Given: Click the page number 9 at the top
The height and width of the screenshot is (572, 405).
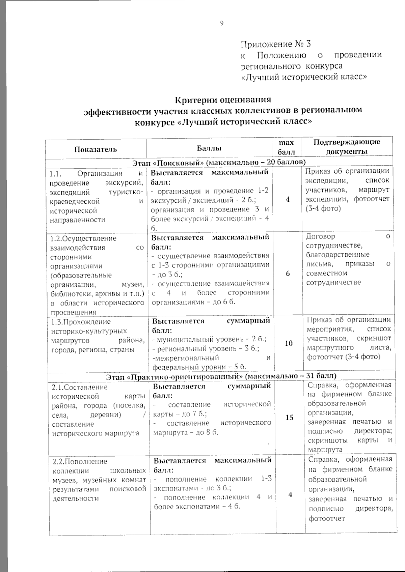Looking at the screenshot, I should coord(222,23).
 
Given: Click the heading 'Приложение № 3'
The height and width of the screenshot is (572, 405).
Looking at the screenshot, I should coord(275,44).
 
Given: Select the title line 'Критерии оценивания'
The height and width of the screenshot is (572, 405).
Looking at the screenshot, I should coord(223,100).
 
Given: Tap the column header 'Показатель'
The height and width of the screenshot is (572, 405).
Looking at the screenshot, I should coord(96,149).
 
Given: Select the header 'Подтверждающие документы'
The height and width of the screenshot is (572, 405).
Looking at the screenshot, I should coord(347,147).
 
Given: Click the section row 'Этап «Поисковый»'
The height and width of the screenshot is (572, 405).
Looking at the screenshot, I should coord(219,163).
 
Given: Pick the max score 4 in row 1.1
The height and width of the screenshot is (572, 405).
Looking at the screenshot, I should coord(288,199).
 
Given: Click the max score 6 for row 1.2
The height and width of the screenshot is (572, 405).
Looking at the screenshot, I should coord(288,274).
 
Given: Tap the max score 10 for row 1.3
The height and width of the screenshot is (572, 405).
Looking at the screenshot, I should coord(289,343).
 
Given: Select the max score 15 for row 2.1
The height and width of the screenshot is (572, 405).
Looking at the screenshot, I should coord(289,418).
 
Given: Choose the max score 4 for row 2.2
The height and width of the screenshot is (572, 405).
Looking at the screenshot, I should coord(290,494).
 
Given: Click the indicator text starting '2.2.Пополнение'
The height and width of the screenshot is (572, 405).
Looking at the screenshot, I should coord(80,461).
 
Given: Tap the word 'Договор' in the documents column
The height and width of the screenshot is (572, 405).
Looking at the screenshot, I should coord(321,236).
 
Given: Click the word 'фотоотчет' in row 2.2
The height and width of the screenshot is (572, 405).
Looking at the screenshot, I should coord(327,518).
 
